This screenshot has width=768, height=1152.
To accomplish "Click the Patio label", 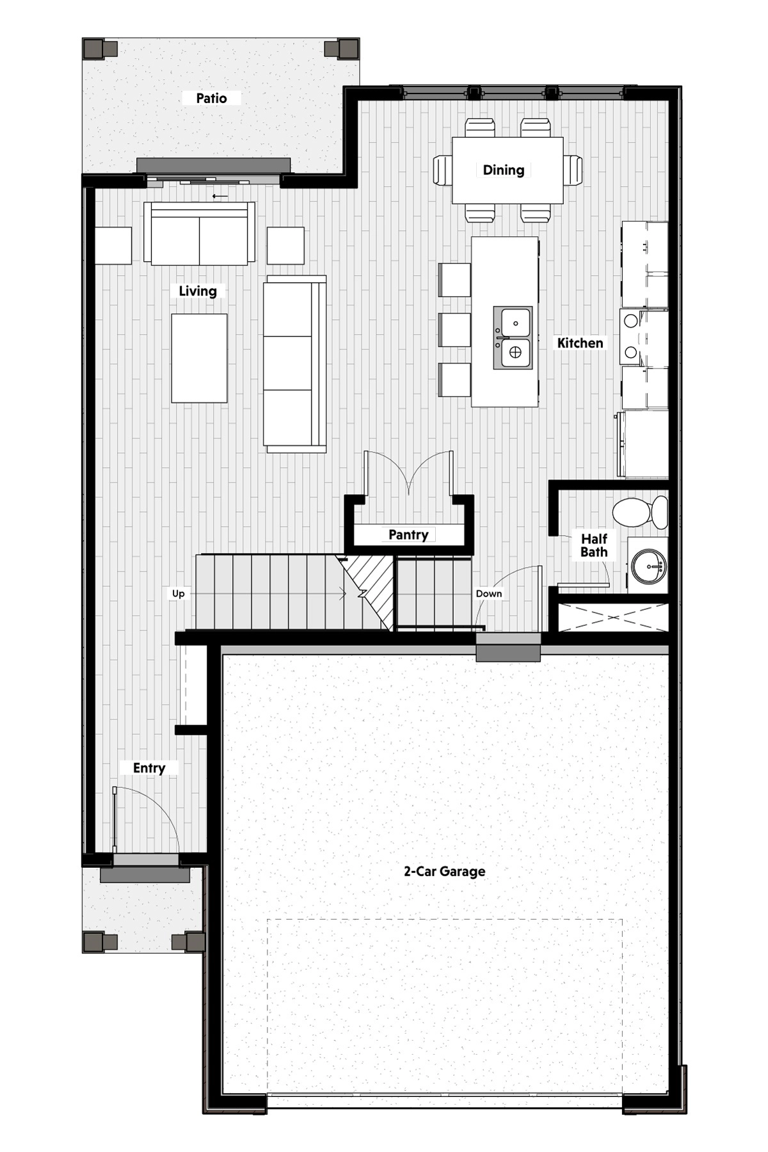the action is click(211, 98).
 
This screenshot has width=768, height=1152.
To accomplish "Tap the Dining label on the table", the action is click(503, 170).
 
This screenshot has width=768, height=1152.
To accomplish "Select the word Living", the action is click(198, 291).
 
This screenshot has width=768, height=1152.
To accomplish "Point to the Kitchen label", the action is click(580, 342).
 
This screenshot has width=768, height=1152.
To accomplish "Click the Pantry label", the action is click(408, 534).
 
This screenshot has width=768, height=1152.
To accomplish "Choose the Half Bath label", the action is click(594, 545).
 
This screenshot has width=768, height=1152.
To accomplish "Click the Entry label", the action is click(149, 767).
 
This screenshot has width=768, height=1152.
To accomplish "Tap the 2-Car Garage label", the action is click(444, 871).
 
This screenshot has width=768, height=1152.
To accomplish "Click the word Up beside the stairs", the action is click(178, 593).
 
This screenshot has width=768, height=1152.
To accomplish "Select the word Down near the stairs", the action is click(489, 593).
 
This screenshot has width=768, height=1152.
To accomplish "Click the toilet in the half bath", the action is click(640, 512).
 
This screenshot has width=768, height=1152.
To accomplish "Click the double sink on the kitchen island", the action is click(513, 337).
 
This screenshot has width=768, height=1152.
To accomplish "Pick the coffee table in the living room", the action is click(199, 358).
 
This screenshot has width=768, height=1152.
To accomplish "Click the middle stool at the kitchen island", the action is click(454, 330).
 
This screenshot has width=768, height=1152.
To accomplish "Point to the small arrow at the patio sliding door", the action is click(220, 195).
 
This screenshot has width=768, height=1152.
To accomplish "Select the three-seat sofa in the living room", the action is click(295, 364).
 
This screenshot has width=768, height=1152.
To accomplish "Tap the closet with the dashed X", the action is click(613, 617).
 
